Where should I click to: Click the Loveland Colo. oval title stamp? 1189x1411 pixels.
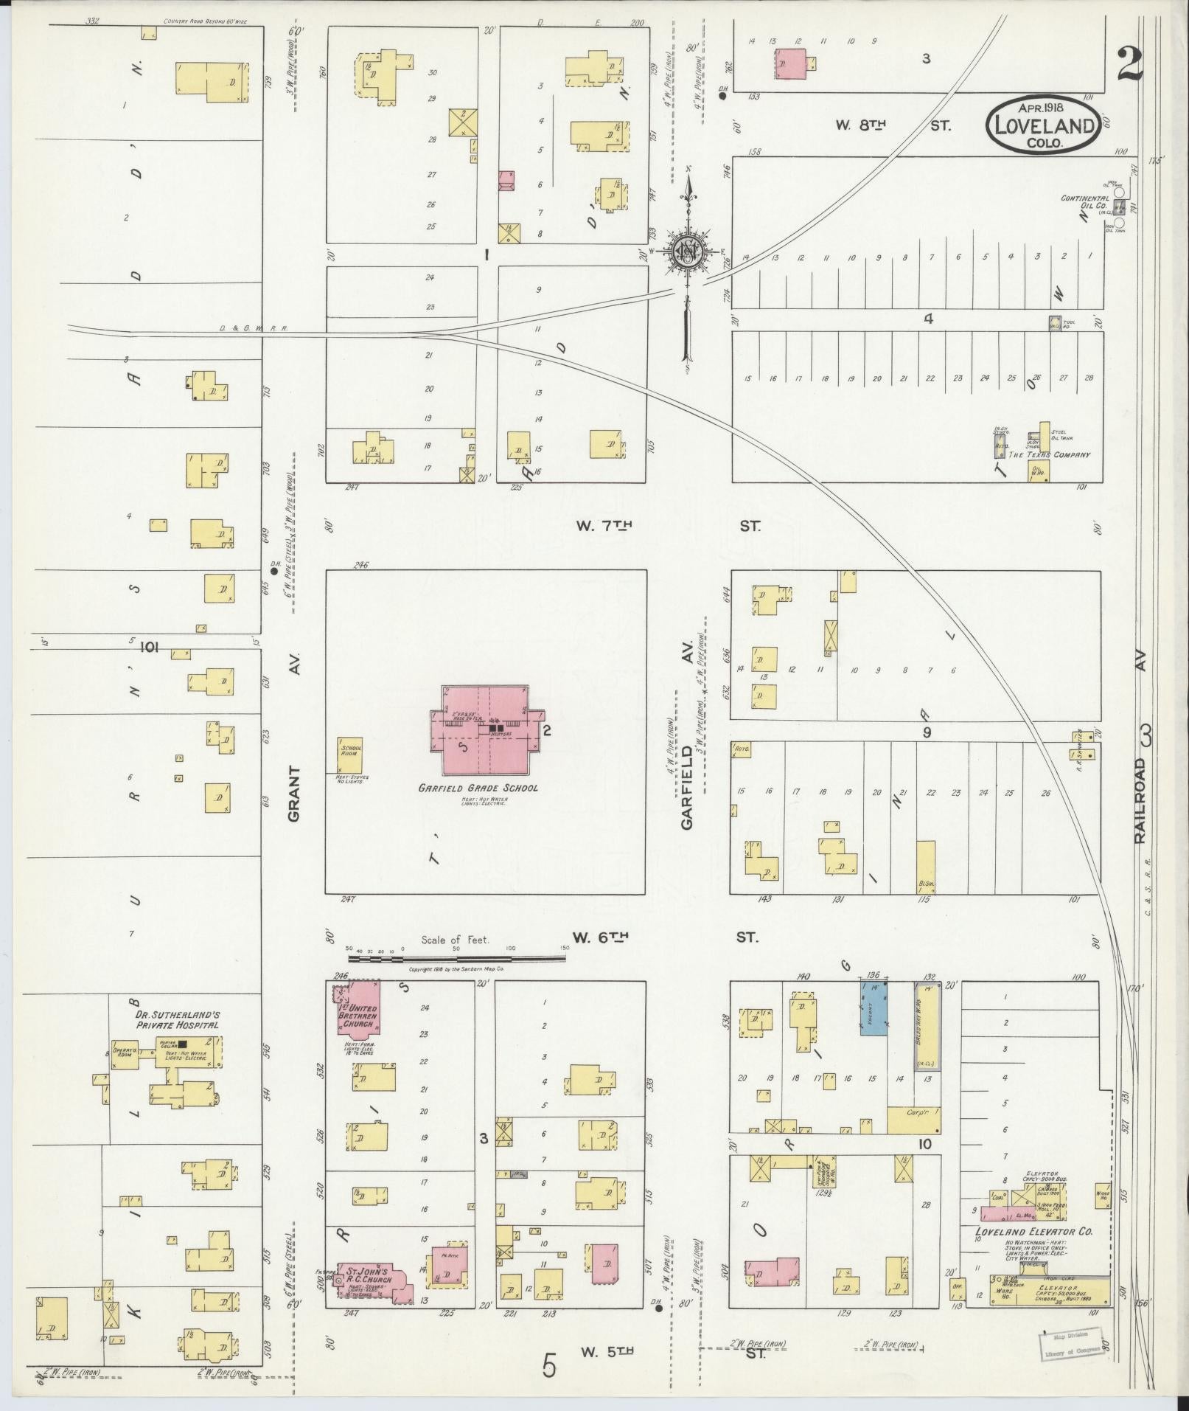pyautogui.click(x=1045, y=125)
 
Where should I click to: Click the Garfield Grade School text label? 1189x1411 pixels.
pyautogui.click(x=478, y=788)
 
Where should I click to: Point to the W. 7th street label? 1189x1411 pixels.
pyautogui.click(x=604, y=526)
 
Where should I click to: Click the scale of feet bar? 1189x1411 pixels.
pyautogui.click(x=457, y=957)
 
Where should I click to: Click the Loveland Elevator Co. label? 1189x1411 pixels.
pyautogui.click(x=1033, y=1232)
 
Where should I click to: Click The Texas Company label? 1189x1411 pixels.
pyautogui.click(x=1050, y=454)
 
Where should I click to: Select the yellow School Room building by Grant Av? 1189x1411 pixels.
pyautogui.click(x=350, y=754)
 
